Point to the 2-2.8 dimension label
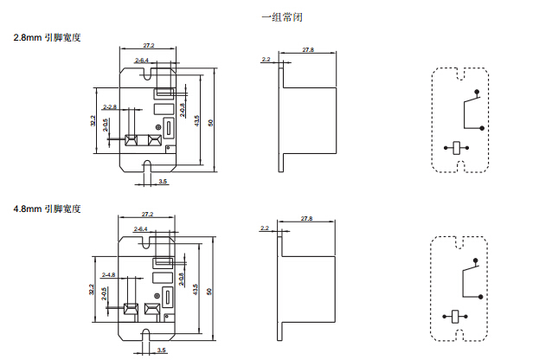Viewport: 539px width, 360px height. pyautogui.click(x=111, y=106)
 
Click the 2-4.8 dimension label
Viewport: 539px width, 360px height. pyautogui.click(x=110, y=274)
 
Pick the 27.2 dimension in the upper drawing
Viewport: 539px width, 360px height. pyautogui.click(x=148, y=45)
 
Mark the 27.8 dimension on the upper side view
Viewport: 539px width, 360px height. pyautogui.click(x=308, y=50)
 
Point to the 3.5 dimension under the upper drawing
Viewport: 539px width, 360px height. pyautogui.click(x=163, y=182)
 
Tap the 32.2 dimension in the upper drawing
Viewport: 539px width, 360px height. pyautogui.click(x=93, y=122)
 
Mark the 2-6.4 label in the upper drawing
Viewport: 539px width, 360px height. pyautogui.click(x=142, y=60)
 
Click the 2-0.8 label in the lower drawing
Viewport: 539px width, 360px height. pyautogui.click(x=182, y=279)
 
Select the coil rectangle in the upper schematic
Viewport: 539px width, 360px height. pyautogui.click(x=455, y=147)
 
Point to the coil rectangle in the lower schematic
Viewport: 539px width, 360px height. pyautogui.click(x=455, y=317)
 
